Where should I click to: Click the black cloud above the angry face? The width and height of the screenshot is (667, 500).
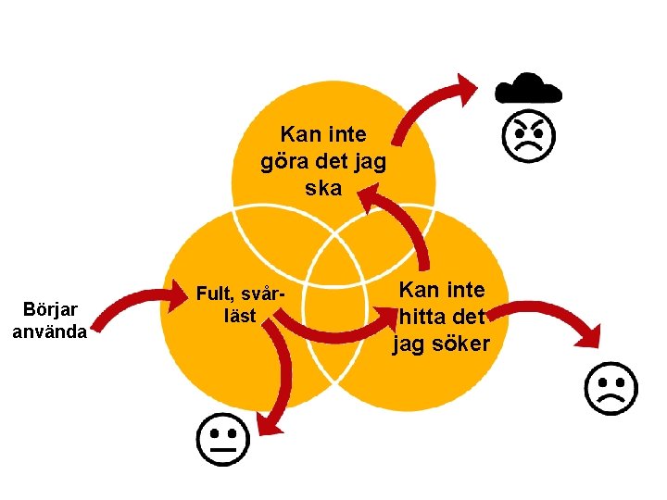pyautogui.click(x=528, y=88)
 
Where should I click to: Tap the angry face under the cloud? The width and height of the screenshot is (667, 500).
pyautogui.click(x=528, y=136)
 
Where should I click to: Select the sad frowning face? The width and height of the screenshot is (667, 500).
pyautogui.click(x=610, y=388)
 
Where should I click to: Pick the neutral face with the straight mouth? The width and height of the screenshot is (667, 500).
pyautogui.click(x=222, y=439)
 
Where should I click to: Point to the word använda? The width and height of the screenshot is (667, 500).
pyautogui.click(x=50, y=331)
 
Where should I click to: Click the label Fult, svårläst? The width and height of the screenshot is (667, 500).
pyautogui.click(x=240, y=305)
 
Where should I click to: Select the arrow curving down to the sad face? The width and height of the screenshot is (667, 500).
pyautogui.click(x=556, y=315)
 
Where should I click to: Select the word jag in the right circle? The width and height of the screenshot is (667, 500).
pyautogui.click(x=409, y=344)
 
